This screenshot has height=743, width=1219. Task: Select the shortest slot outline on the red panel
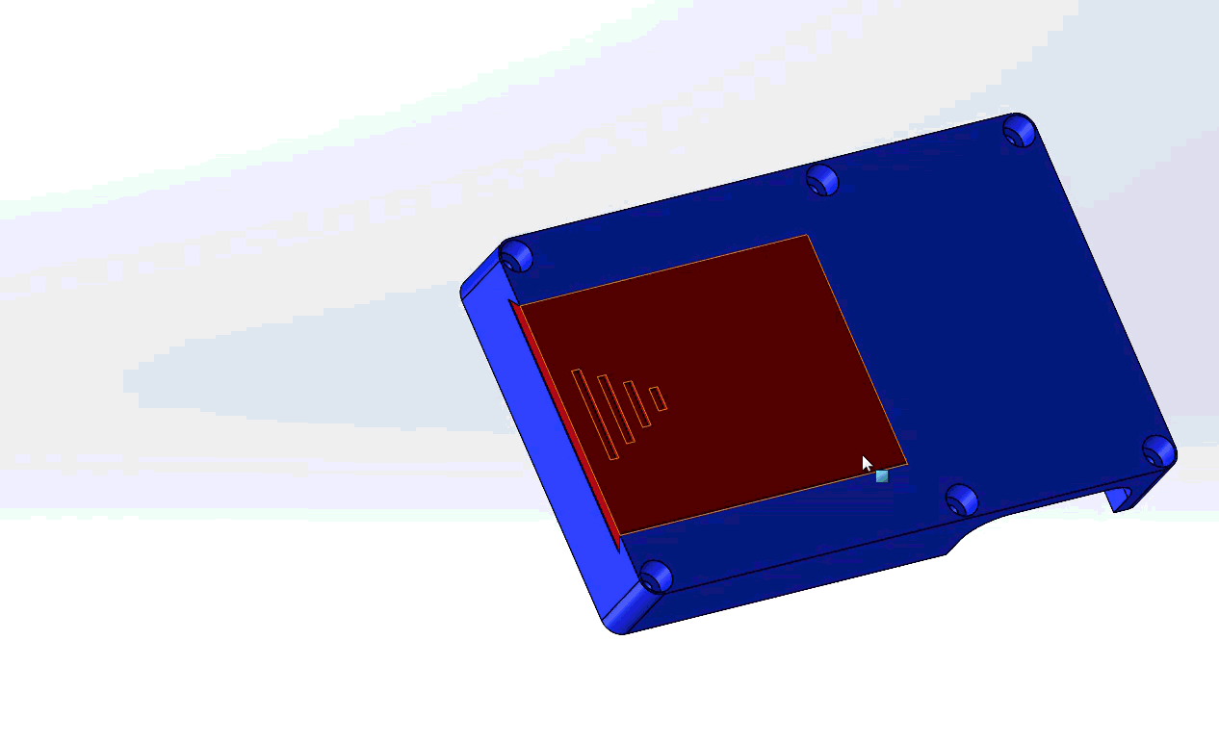point(658,398)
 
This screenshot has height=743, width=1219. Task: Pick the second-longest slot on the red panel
point(615,409)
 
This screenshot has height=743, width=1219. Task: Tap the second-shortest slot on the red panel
point(636,404)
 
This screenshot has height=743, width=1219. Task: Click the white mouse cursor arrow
point(867,463)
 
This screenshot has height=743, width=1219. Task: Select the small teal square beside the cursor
point(882,475)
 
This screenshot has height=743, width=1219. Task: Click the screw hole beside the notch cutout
point(1157,450)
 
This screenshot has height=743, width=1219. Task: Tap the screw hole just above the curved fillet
point(961,500)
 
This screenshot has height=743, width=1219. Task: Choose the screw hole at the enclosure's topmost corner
point(1019,130)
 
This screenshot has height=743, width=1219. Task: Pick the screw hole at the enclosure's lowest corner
point(656,576)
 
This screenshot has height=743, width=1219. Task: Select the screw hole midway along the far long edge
point(822,180)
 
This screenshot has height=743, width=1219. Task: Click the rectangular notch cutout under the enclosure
point(1120,499)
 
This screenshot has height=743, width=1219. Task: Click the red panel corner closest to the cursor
point(905,463)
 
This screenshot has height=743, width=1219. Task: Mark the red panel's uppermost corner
point(806,236)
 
